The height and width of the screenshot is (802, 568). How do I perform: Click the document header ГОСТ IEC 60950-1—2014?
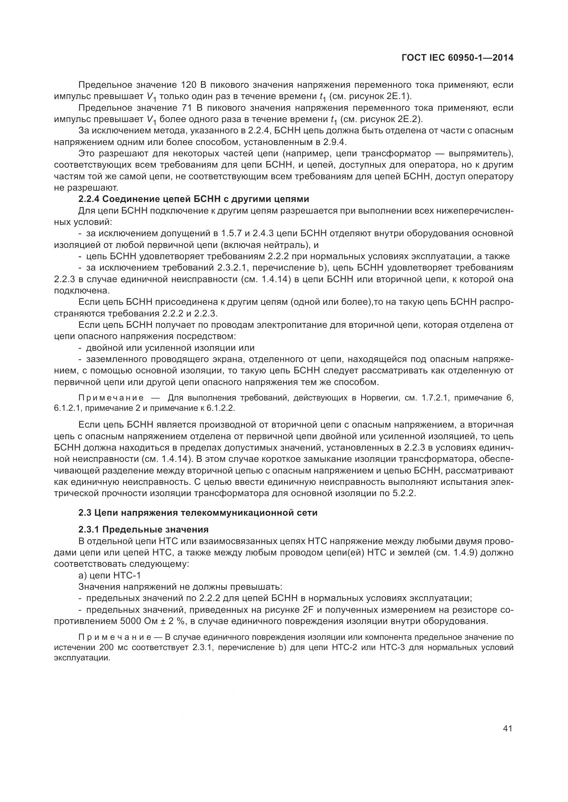pyautogui.click(x=457, y=58)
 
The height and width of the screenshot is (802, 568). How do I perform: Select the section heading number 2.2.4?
pyautogui.click(x=89, y=199)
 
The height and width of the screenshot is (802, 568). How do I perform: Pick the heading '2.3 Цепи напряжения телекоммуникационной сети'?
pyautogui.click(x=198, y=513)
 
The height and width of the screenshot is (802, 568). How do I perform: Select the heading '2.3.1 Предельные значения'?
pyautogui.click(x=144, y=529)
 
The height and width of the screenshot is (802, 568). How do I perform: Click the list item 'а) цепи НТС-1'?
pyautogui.click(x=110, y=575)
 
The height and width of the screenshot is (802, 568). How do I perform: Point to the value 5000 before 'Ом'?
pyautogui.click(x=130, y=621)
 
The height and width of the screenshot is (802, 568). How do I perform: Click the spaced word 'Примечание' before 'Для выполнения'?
pyautogui.click(x=111, y=398)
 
